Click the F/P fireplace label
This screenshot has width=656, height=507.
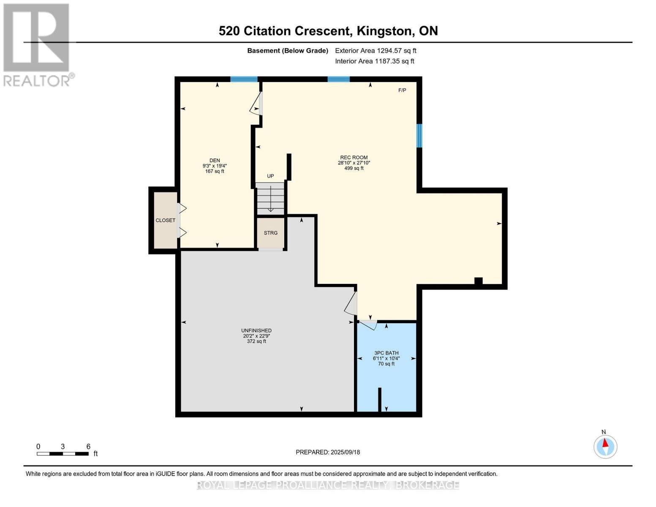coord(402,90)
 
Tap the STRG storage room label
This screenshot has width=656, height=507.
coord(270,233)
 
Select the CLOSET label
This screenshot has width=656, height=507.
coord(166,221)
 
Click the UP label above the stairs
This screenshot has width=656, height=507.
coord(270,176)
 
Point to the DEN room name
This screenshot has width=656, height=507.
coord(215,161)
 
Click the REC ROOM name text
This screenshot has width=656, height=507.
coord(354,157)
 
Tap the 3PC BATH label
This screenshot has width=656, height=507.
coord(386,353)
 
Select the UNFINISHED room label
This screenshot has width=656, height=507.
coord(256,331)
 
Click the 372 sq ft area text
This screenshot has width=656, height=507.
coord(256,341)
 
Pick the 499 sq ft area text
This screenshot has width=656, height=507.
coord(354,168)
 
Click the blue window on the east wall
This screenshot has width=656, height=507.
coord(419,136)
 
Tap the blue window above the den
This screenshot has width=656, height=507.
coord(244,79)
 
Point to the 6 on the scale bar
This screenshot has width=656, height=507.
coord(88,447)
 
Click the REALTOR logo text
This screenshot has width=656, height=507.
coord(37,81)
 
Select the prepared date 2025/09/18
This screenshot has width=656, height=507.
coord(345,452)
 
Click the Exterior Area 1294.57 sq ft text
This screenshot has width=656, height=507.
coord(376,51)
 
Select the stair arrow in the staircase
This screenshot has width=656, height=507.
coord(270,199)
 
